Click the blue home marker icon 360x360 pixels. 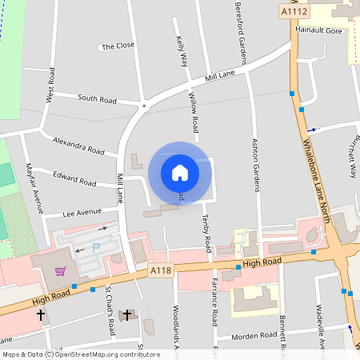(x=180, y=173)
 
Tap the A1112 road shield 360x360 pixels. (x=294, y=11)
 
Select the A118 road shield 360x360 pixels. (x=161, y=271)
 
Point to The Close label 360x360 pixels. (x=118, y=46)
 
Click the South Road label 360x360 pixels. (x=97, y=99)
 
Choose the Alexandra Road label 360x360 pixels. (x=78, y=145)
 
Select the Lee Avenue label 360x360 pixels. (x=82, y=213)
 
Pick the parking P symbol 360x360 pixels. (x=97, y=248)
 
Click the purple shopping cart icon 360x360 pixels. (x=60, y=270)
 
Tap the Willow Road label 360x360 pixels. (x=194, y=112)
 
